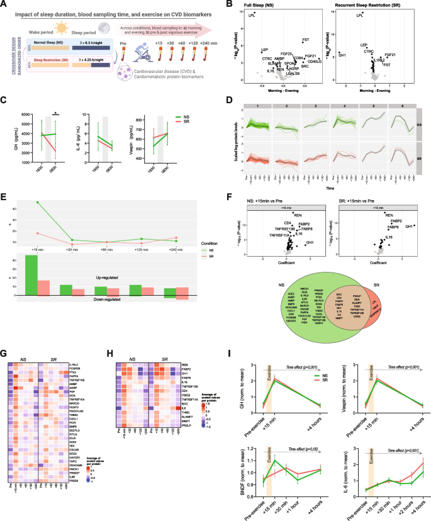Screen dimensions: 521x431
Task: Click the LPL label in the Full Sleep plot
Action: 256,14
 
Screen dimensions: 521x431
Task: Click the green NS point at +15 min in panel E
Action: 38,203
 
